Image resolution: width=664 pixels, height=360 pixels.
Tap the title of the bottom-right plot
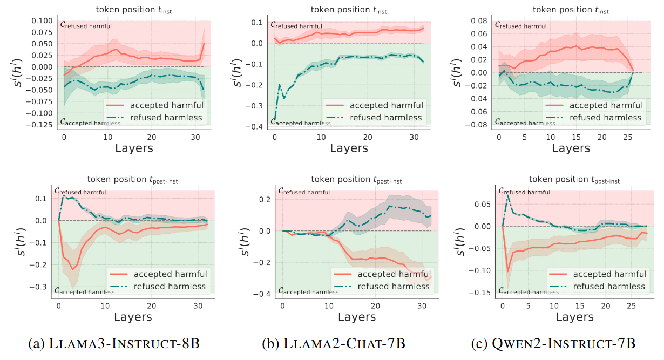[x=574, y=179]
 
